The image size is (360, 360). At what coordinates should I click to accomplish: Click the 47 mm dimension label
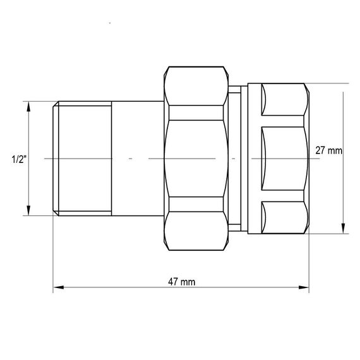tap(182, 282)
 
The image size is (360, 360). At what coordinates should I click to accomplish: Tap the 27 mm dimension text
tap(328, 150)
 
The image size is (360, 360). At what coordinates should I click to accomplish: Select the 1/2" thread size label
tap(19, 159)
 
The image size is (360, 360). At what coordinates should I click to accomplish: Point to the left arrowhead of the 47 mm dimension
tap(58, 287)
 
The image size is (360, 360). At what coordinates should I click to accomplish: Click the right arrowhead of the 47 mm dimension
tap(304, 287)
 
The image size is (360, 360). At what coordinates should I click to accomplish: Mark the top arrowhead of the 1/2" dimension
tap(28, 107)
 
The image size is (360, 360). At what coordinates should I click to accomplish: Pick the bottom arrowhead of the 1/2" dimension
tap(28, 210)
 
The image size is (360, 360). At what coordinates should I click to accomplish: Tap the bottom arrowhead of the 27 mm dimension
tap(343, 228)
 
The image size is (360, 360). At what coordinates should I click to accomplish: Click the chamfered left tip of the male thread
tap(56, 159)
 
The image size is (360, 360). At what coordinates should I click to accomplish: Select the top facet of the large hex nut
tap(196, 86)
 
